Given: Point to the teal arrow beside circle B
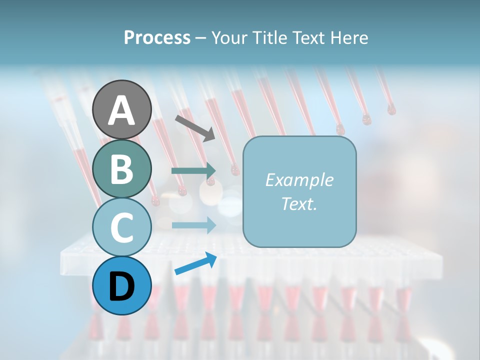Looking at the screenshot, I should [x=193, y=171].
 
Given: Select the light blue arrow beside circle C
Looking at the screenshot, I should [x=193, y=225].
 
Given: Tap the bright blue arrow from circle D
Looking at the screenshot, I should [x=195, y=264].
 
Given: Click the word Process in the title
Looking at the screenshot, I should [x=157, y=37].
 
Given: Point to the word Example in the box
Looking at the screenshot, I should [x=299, y=180].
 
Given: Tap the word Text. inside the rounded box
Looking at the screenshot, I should [x=299, y=203].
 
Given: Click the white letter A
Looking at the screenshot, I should [x=121, y=110].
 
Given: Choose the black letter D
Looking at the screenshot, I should [x=121, y=286].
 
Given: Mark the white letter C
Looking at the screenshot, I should [x=121, y=227].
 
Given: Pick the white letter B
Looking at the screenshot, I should [x=121, y=169].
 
